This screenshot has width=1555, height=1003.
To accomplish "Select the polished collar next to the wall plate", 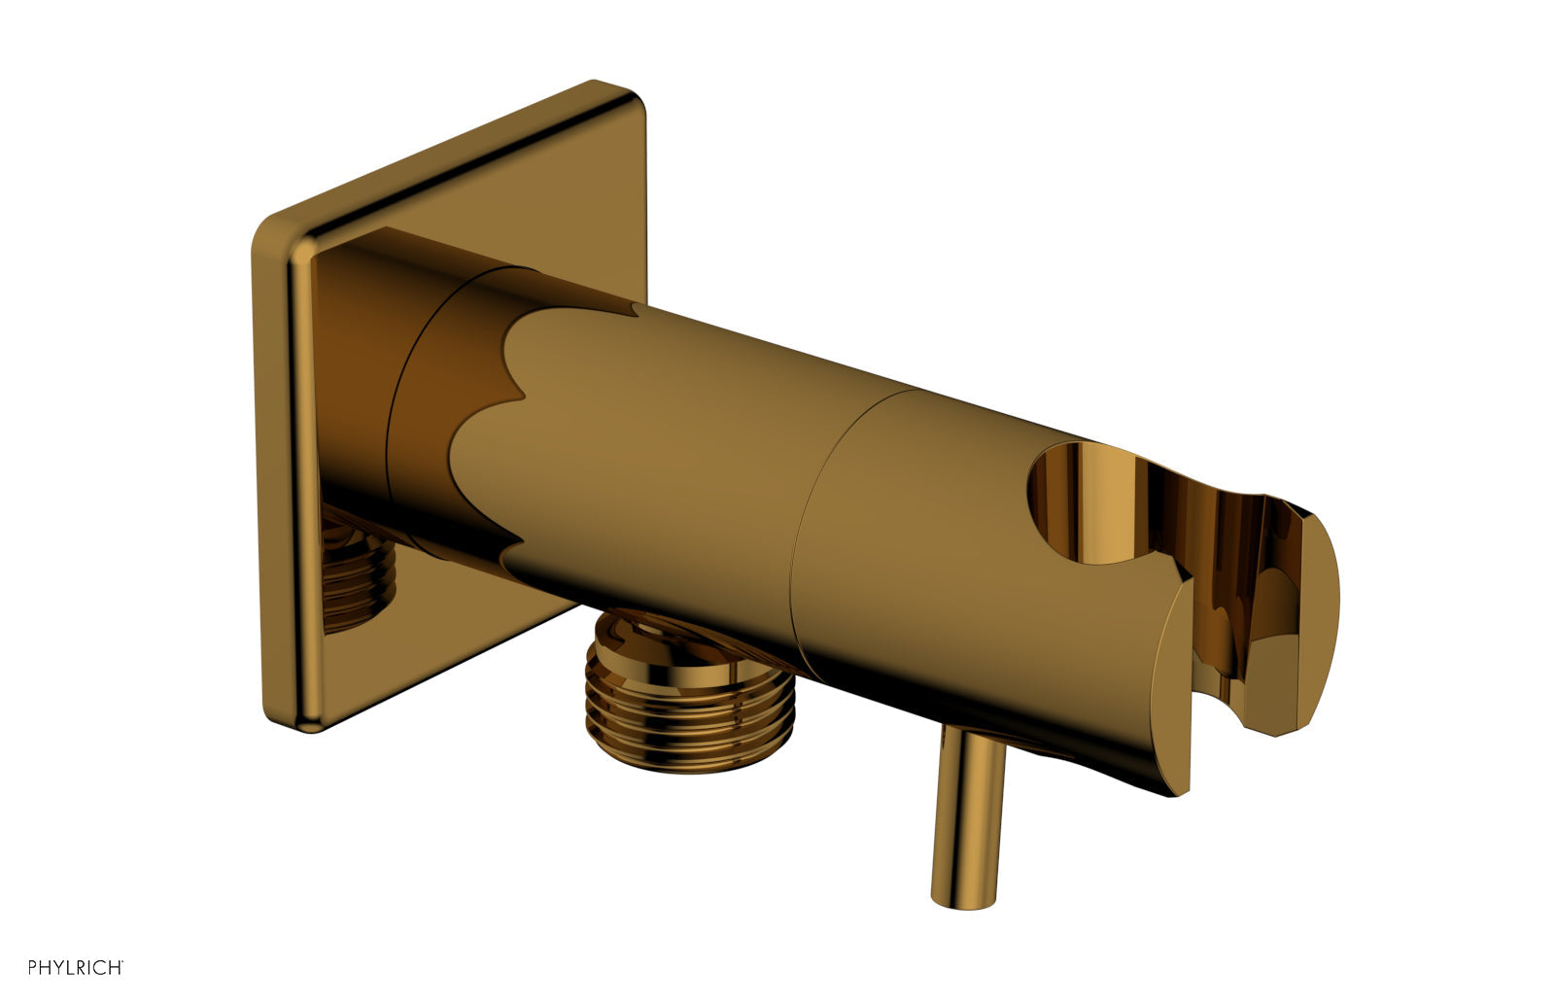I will click(x=428, y=408).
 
